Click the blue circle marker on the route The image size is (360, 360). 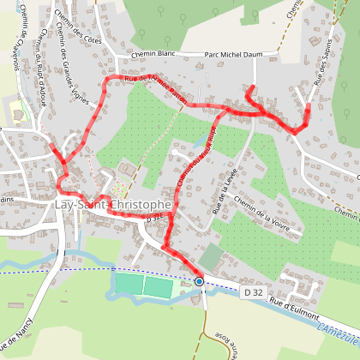199,281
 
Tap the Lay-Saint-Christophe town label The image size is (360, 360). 112,207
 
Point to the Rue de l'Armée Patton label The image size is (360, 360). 156,89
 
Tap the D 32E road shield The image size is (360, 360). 154,219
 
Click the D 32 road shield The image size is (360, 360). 251,293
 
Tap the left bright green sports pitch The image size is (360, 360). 128,284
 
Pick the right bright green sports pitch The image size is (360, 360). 158,286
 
